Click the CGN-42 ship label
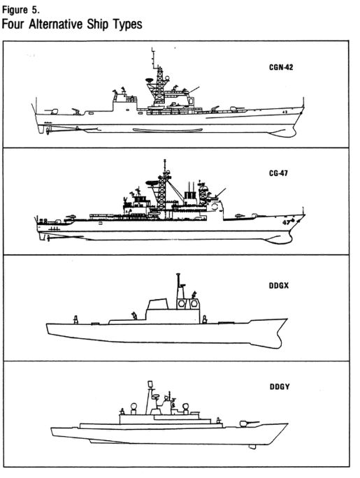[281, 67]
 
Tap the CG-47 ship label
[278, 173]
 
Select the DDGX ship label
[279, 286]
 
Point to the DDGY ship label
[280, 386]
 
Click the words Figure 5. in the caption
[21, 10]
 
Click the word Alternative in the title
[56, 24]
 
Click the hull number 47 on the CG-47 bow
[286, 222]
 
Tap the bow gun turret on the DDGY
[244, 423]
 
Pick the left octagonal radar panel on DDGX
[182, 304]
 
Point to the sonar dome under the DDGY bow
[252, 447]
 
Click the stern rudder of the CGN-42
[41, 129]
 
